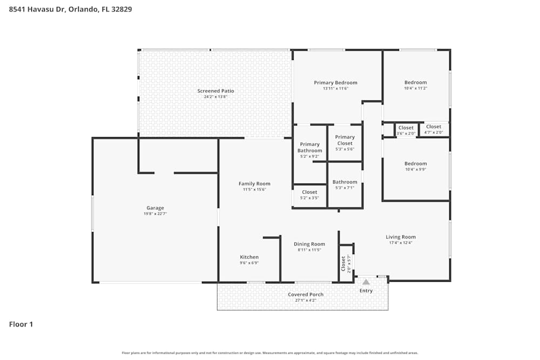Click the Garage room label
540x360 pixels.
155,208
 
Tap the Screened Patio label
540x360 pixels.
215,91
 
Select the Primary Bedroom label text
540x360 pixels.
335,83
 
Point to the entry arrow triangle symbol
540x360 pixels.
366,282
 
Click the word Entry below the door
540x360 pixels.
366,291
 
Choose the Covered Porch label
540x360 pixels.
306,295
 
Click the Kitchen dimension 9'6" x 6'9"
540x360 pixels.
249,263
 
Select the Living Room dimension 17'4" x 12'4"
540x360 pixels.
401,243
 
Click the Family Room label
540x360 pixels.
254,184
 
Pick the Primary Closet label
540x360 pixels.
345,137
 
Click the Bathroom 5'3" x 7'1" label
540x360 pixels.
345,182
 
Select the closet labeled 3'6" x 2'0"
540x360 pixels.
406,128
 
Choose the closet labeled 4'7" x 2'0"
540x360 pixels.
434,127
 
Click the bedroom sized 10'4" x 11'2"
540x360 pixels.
415,83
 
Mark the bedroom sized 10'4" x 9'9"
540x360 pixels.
415,164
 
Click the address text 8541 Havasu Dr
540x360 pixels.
37,9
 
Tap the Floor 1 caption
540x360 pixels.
21,324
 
